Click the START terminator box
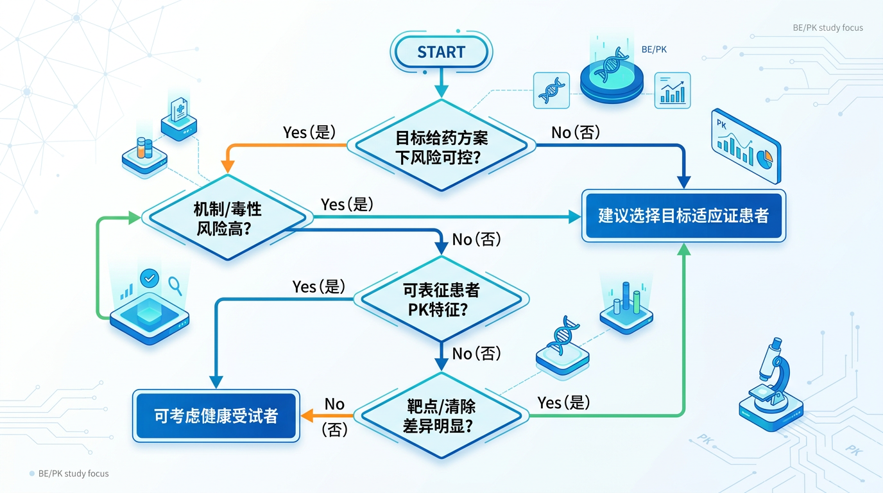point(441,52)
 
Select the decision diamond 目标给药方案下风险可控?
point(441,146)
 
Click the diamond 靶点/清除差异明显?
point(441,415)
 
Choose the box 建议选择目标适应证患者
point(683,216)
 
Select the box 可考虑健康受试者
point(216,415)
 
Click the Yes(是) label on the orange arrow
point(309,132)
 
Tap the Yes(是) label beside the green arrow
point(563,402)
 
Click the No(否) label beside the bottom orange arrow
point(334,417)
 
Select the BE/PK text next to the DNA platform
point(654,49)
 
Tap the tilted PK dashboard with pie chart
point(746,146)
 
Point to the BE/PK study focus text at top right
point(828,28)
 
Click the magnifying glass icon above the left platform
point(174,284)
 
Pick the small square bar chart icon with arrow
point(672,90)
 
